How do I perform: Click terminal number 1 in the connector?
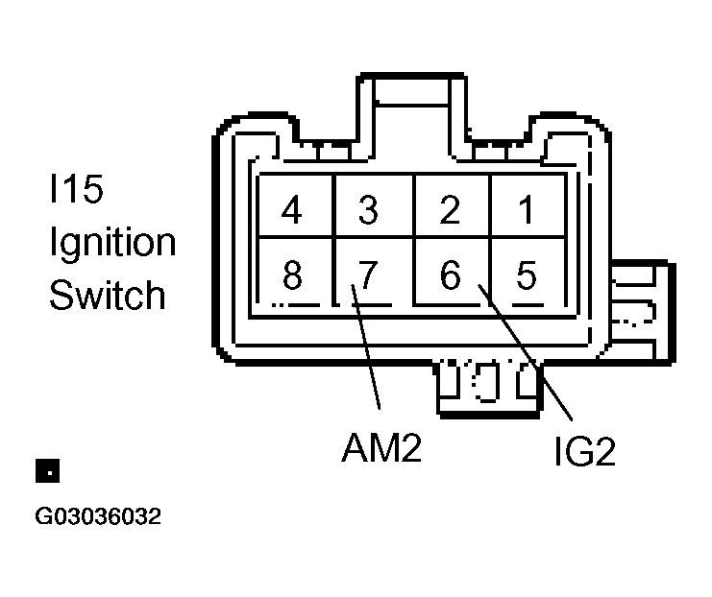pos(527,209)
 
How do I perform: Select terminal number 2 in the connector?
pos(449,209)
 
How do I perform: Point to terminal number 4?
pos(291,209)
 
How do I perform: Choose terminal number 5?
pos(527,275)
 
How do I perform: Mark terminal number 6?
pos(449,275)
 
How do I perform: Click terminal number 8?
pos(291,275)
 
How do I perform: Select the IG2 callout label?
pos(583,452)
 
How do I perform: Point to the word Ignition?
pos(112,244)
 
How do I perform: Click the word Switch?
pos(107,295)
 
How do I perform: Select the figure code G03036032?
pos(98,517)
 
